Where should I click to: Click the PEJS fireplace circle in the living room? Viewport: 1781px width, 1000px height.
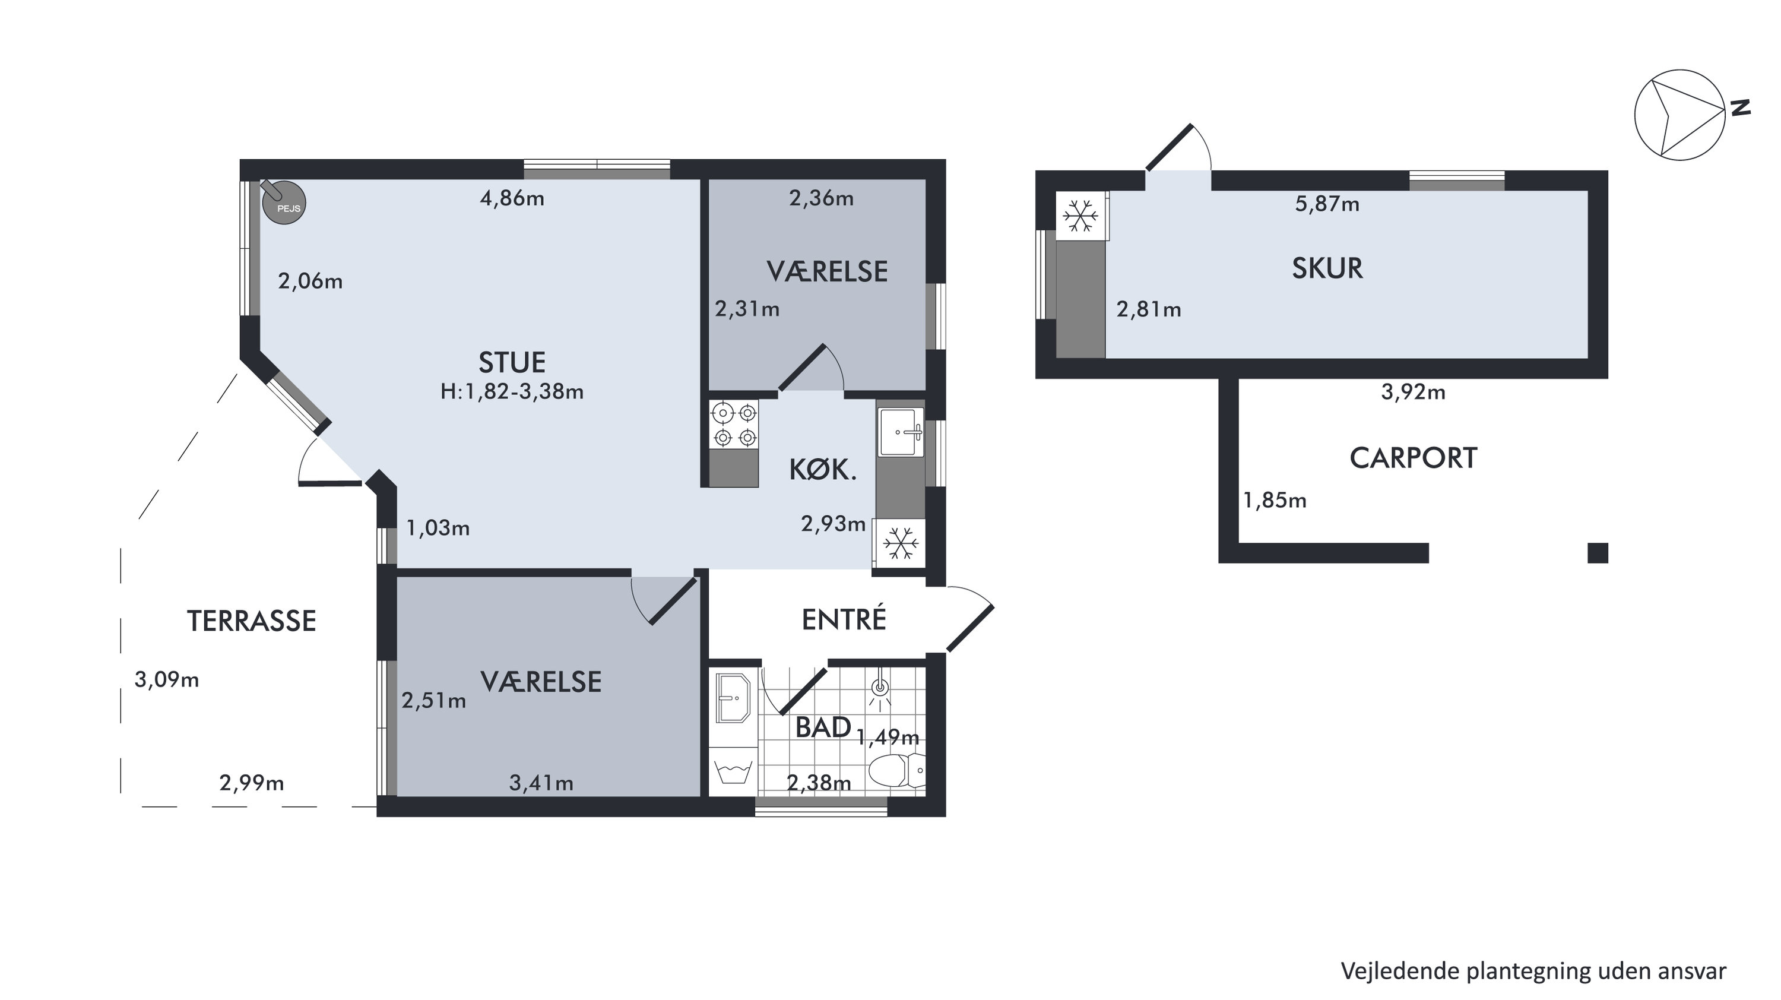click(x=283, y=202)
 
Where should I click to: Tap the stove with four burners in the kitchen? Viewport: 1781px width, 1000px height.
click(x=734, y=425)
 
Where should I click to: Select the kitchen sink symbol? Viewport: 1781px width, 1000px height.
click(x=901, y=432)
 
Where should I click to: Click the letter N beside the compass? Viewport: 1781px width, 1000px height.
click(x=1740, y=107)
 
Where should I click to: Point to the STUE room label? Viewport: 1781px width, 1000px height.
click(x=512, y=362)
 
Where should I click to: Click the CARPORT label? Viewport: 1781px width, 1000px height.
click(x=1413, y=458)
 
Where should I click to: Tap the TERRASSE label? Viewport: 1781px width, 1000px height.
click(x=252, y=621)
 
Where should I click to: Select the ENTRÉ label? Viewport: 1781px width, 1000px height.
click(x=844, y=618)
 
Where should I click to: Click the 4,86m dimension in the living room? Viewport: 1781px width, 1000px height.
click(x=512, y=199)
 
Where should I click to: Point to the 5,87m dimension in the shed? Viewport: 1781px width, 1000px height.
click(x=1327, y=204)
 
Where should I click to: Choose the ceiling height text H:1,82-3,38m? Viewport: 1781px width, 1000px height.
click(x=512, y=392)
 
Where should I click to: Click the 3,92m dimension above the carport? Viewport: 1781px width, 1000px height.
click(x=1413, y=392)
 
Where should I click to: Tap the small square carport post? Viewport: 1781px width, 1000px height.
click(x=1598, y=553)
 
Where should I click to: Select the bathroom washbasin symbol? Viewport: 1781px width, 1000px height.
click(x=731, y=698)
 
